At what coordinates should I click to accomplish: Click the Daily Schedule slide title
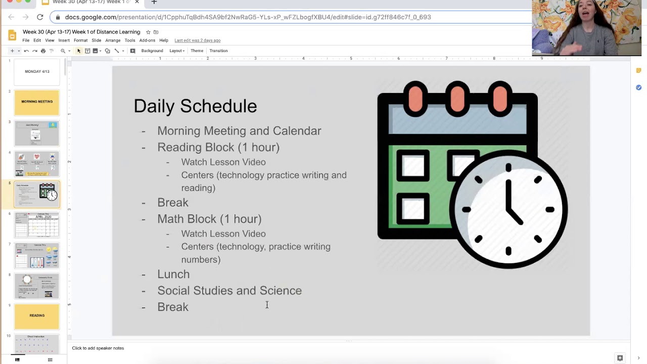(x=195, y=106)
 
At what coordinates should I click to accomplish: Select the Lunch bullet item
(x=173, y=274)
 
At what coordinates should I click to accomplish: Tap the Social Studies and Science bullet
(x=229, y=291)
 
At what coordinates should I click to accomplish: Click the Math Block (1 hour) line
(x=209, y=219)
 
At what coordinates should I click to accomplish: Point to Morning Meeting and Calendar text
(x=239, y=131)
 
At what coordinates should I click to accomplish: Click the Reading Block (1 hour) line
(x=218, y=147)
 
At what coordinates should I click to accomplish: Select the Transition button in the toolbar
(x=218, y=51)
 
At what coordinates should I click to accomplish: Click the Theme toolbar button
(x=197, y=51)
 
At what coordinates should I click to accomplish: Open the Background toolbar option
(x=152, y=51)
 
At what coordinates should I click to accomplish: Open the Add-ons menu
(x=147, y=40)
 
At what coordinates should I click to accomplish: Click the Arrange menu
(x=113, y=40)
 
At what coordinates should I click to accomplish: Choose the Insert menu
(x=64, y=40)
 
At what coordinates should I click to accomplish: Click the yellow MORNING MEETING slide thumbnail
(x=37, y=102)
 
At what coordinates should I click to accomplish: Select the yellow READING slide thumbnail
(x=37, y=316)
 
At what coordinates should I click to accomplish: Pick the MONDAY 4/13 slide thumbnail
(x=37, y=72)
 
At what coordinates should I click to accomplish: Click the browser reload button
(x=40, y=17)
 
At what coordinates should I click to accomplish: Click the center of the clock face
(x=508, y=209)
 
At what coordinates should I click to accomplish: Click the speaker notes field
(x=303, y=348)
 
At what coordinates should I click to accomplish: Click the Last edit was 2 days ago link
(x=197, y=40)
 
